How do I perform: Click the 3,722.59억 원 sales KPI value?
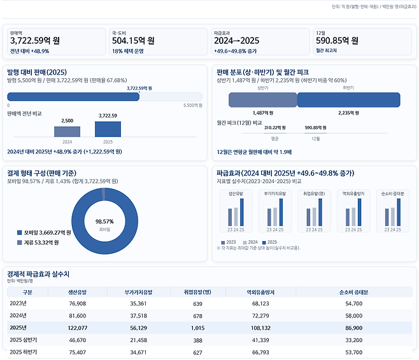[35, 41]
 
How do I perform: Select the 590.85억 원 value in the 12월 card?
[337, 41]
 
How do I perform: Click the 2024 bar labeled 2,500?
[67, 131]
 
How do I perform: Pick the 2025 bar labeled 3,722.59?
[108, 129]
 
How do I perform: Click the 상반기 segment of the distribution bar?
[262, 100]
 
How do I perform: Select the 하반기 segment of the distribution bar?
[348, 100]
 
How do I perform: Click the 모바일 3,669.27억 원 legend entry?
[45, 233]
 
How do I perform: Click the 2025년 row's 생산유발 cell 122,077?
[77, 328]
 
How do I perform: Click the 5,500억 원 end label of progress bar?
[192, 105]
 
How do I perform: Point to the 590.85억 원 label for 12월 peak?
[317, 128]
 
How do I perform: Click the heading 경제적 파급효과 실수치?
[42, 273]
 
